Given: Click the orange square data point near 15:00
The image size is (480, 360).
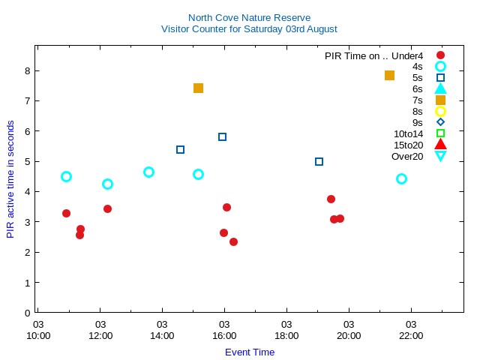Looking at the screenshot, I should coord(198,88).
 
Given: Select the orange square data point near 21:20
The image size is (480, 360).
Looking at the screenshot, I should coord(389,75).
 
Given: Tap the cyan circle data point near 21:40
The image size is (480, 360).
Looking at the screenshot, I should coord(401,178).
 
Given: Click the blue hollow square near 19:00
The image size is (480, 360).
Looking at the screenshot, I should coord(319,161).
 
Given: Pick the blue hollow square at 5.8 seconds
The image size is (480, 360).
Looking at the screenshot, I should coord(222,136).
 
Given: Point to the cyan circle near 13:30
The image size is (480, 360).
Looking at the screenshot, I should coord(148,172).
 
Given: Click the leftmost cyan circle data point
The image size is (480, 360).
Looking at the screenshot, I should coord(66,176).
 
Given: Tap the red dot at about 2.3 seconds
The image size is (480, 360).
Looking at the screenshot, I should coord(233,241).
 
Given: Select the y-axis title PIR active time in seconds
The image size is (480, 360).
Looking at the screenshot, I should coord(10,179).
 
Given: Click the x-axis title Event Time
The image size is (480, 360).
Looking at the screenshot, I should coord(250,352).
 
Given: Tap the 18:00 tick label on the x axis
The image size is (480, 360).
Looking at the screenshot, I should coord(286,330).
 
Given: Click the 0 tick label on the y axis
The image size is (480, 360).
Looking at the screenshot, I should coord(27,313).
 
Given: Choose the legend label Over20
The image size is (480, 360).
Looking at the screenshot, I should coord(407,156).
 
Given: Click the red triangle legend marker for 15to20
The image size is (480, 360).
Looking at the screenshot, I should coord(440,145).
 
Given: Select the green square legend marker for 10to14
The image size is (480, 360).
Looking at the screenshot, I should coord(440,133).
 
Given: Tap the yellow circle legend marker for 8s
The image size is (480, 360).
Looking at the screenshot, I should coord(440,111).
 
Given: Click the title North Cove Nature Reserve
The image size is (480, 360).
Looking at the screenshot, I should coord(249,17).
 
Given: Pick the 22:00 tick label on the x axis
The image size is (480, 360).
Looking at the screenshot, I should coord(411,330).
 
